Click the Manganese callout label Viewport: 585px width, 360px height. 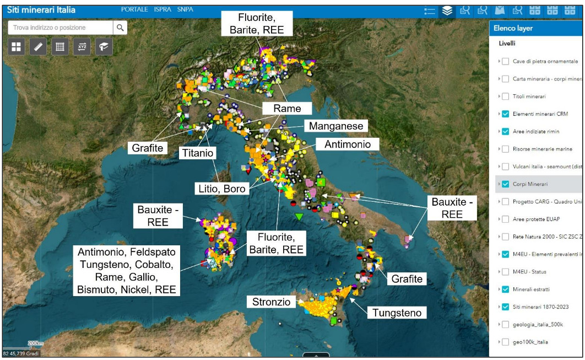tap(336, 126)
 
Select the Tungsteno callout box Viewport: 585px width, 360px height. tap(397, 313)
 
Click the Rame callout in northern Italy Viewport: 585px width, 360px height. tap(287, 109)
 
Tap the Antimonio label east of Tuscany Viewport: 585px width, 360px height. tap(351, 144)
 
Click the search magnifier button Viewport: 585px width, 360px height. tap(120, 28)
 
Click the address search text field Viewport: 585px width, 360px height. tap(61, 28)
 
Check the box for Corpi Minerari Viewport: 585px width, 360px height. tap(505, 184)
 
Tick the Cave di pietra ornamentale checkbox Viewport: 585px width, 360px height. tap(505, 61)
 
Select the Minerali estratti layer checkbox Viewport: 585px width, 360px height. tap(505, 289)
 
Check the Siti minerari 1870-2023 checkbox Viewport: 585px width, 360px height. tap(505, 307)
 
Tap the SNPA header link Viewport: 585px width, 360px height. tap(186, 10)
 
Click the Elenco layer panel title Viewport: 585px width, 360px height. tap(513, 29)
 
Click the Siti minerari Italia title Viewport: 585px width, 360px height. tap(41, 10)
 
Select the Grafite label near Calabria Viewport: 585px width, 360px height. tap(407, 279)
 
